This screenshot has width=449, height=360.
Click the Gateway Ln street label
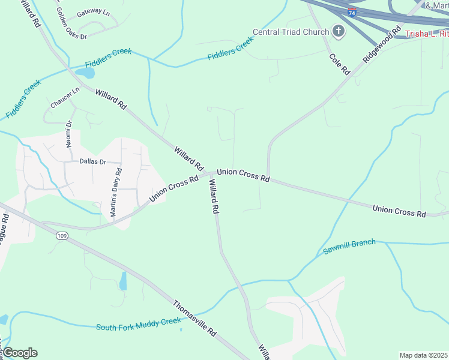click(93, 13)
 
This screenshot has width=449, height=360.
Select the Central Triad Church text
click(291, 32)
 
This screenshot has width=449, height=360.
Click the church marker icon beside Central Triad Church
click(339, 32)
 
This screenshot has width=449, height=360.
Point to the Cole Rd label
click(339, 64)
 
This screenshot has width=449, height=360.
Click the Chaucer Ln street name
click(65, 98)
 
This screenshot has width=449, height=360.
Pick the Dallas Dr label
click(93, 162)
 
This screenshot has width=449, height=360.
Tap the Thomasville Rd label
click(194, 318)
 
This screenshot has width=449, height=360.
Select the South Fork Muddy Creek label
click(138, 324)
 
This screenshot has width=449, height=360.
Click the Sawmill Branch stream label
click(349, 245)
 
